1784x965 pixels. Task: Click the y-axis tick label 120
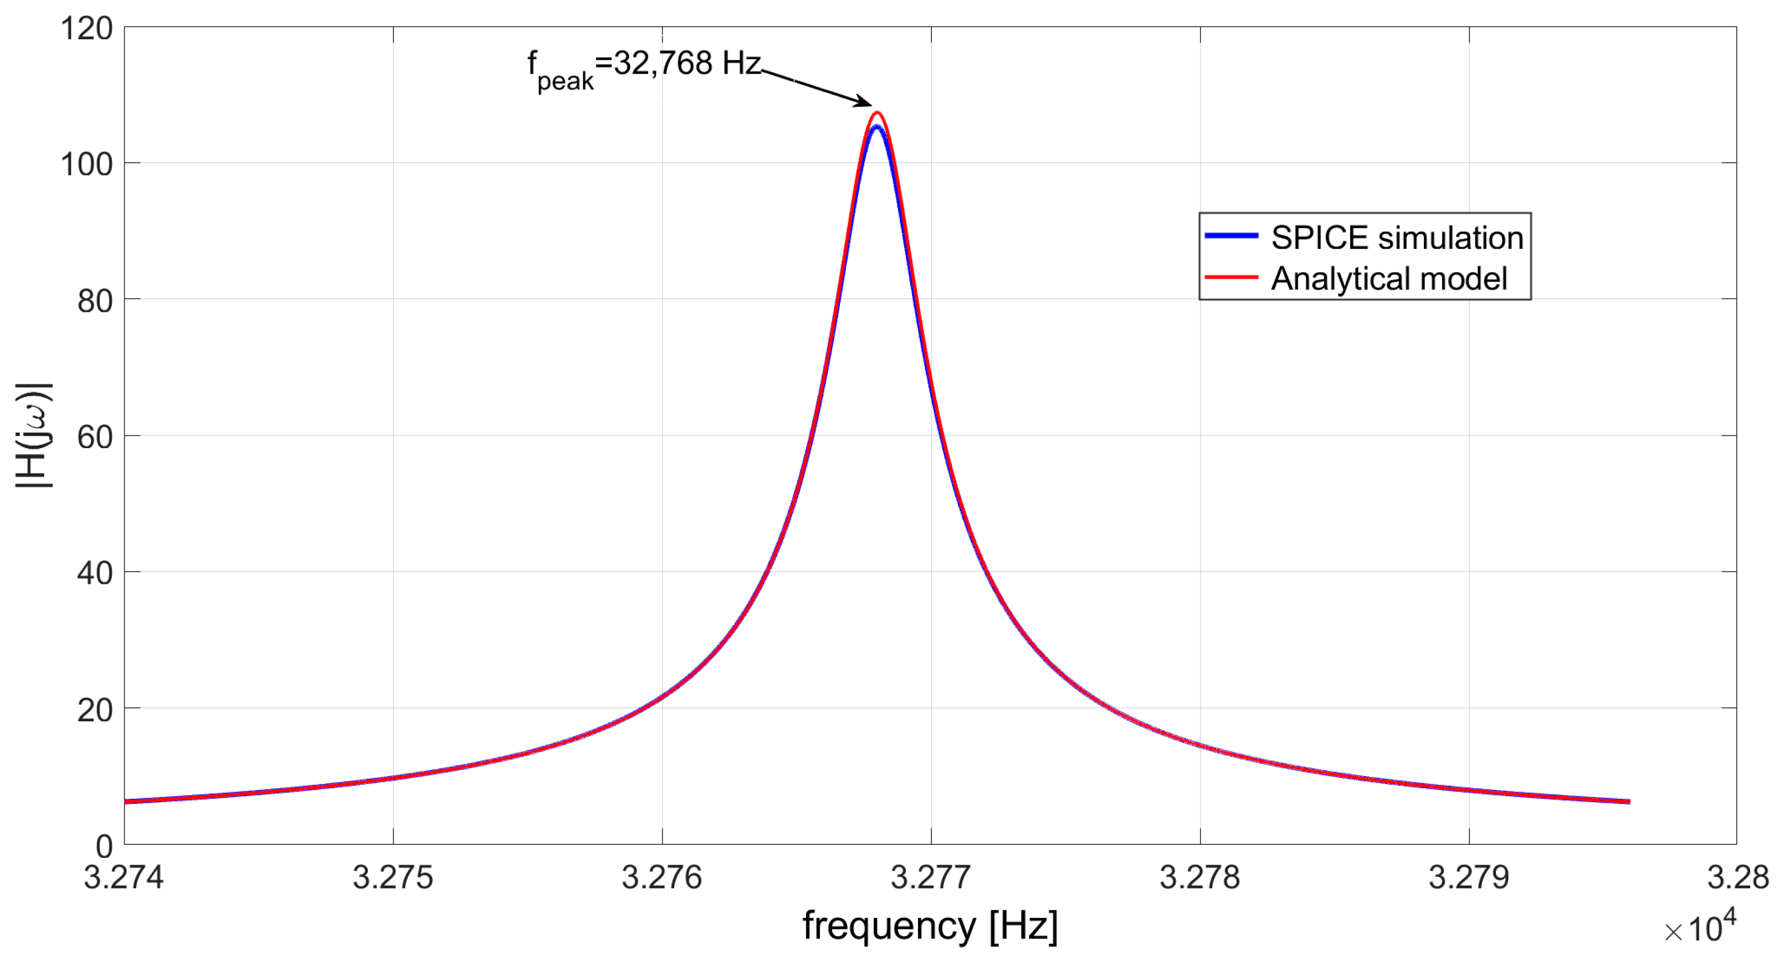pos(86,29)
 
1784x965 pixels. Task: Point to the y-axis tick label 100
pos(86,165)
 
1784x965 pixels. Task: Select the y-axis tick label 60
pos(94,437)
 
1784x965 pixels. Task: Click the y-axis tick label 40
pos(94,573)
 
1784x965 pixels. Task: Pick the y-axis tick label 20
pos(94,710)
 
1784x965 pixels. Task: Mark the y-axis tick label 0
pos(104,846)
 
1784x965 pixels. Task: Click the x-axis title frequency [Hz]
pos(930,926)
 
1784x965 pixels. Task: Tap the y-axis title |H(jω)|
pos(33,435)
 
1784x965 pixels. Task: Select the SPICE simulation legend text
pos(1397,238)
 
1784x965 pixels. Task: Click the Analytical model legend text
pos(1388,278)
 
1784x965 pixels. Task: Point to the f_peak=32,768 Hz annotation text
pos(644,67)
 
